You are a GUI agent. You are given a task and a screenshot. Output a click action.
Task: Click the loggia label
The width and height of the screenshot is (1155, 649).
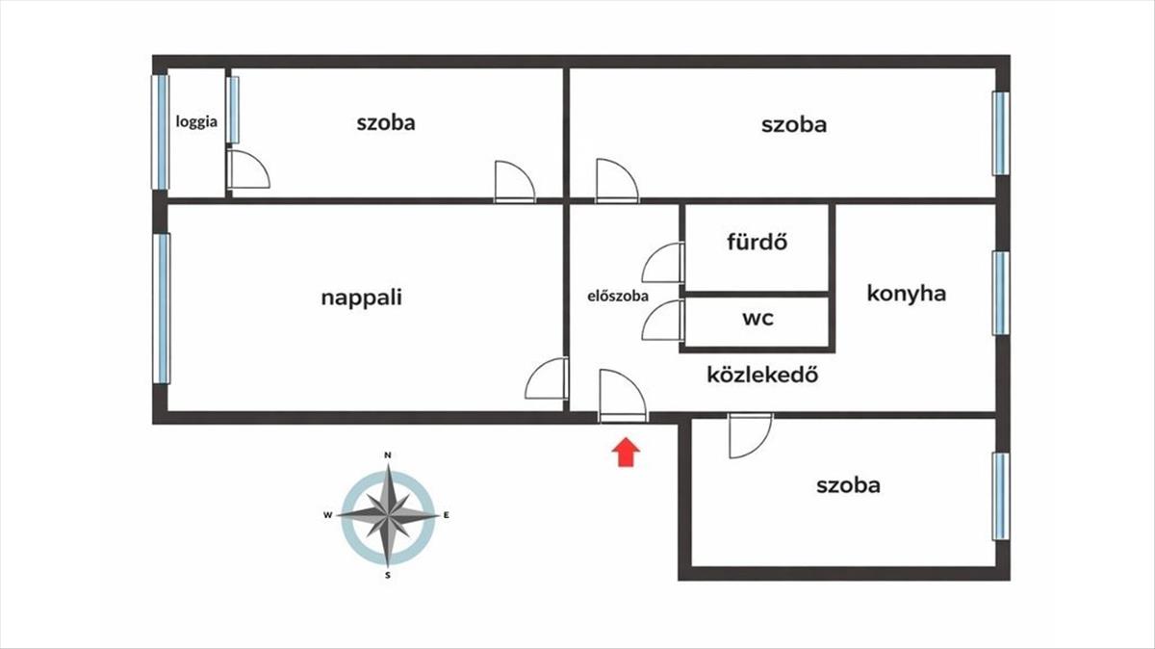pyautogui.click(x=196, y=122)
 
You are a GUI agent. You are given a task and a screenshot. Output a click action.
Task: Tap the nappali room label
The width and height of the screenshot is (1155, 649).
pyautogui.click(x=361, y=298)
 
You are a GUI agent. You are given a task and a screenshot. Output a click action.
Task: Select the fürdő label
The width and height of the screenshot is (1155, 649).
pyautogui.click(x=757, y=242)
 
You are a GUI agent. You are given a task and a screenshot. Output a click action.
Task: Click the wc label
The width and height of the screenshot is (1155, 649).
pyautogui.click(x=757, y=319)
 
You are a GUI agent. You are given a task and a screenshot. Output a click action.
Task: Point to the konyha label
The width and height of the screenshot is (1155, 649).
pyautogui.click(x=906, y=294)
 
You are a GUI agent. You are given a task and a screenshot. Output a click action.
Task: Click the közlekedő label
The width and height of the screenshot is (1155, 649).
pyautogui.click(x=762, y=375)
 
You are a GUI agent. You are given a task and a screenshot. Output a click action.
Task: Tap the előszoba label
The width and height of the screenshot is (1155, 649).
pyautogui.click(x=617, y=297)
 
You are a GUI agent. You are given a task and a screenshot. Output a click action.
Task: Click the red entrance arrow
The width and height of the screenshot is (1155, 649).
pyautogui.click(x=627, y=451)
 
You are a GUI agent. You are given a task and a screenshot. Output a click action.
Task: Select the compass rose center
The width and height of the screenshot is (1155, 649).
pyautogui.click(x=387, y=515)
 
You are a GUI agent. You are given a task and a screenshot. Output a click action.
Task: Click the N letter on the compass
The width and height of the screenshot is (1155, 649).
pyautogui.click(x=387, y=454)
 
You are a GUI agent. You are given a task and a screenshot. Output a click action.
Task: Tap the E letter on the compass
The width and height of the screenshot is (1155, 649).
pyautogui.click(x=447, y=515)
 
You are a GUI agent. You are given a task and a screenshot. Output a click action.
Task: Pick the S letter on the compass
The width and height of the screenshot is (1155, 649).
pyautogui.click(x=387, y=576)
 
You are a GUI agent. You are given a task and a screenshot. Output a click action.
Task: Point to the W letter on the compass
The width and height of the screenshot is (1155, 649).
pyautogui.click(x=327, y=515)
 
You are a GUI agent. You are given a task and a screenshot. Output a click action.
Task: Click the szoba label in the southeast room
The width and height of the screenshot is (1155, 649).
pyautogui.click(x=848, y=485)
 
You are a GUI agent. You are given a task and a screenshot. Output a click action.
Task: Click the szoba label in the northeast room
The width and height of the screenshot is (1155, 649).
pyautogui.click(x=793, y=124)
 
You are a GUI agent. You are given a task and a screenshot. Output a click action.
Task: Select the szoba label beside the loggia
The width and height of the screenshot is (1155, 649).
pyautogui.click(x=386, y=122)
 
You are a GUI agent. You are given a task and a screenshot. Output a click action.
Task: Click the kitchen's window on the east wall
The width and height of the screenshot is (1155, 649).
pyautogui.click(x=1001, y=293)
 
